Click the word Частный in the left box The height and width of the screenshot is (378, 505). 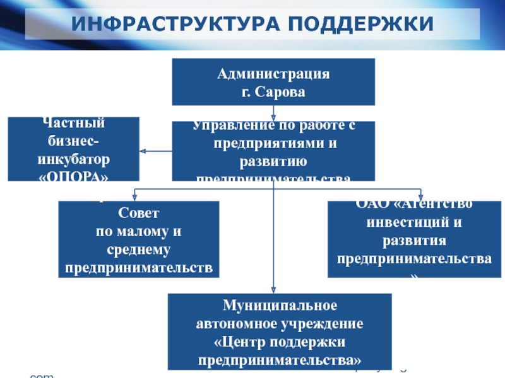coord(73,123)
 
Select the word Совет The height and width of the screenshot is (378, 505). coord(138,214)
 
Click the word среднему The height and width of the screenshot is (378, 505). coord(138,250)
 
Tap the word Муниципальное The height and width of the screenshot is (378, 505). coord(280,306)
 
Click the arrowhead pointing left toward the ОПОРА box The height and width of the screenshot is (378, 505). coord(143,151)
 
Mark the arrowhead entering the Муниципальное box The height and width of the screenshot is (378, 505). coord(273,290)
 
